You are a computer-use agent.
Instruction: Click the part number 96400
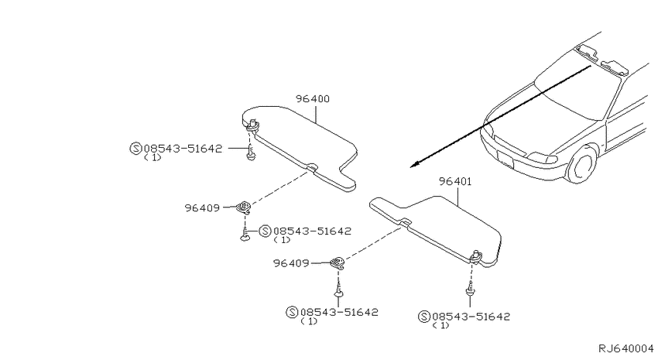[313, 99]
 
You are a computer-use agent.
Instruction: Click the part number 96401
[455, 182]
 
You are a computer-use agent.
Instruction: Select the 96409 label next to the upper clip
[202, 207]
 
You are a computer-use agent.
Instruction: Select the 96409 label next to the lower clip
[291, 263]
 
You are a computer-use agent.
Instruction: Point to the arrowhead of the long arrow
[415, 165]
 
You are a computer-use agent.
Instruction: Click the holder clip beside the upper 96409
[243, 207]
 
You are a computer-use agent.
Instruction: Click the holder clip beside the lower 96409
[338, 263]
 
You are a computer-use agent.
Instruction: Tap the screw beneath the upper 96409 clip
[245, 233]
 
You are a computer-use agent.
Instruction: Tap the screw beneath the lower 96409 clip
[338, 290]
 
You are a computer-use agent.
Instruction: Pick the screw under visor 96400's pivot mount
[251, 153]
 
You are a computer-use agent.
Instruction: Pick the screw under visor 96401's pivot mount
[471, 289]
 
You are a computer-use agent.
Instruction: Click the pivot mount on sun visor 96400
[253, 125]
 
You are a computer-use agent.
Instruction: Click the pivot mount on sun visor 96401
[475, 256]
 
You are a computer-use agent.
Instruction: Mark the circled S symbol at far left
[135, 149]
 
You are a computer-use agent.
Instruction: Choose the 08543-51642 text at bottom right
[471, 317]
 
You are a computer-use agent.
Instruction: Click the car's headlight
[542, 158]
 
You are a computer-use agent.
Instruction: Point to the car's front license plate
[505, 158]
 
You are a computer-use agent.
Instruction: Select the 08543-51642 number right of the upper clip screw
[312, 231]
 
